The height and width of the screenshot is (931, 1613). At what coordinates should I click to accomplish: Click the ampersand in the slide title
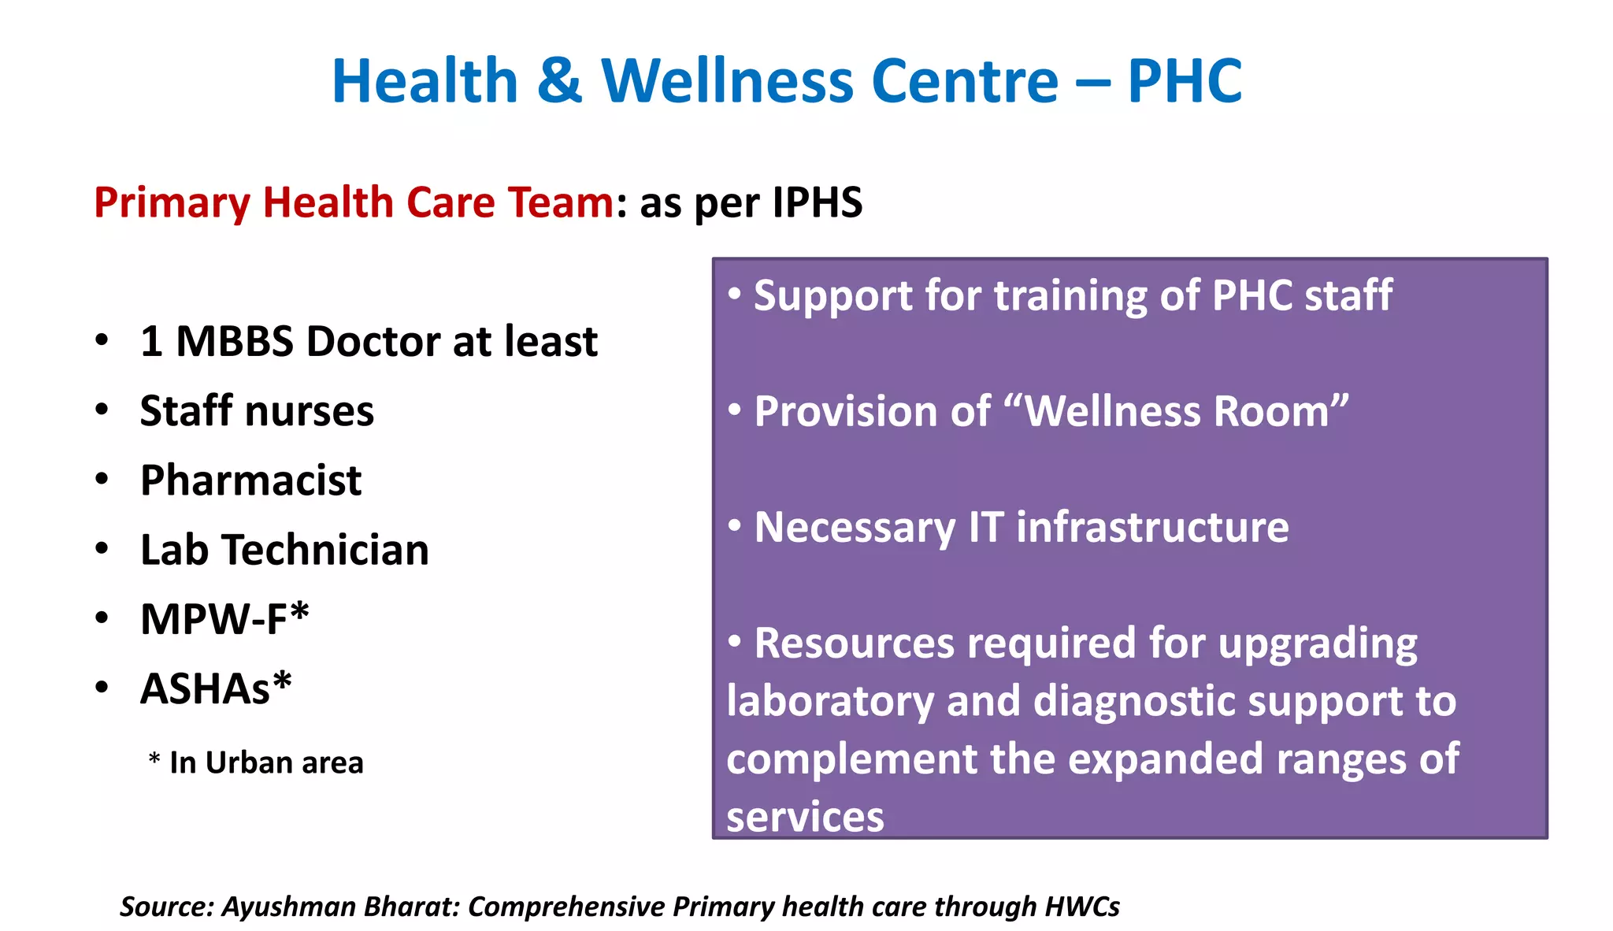click(560, 81)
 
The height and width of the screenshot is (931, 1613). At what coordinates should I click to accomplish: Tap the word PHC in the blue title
click(1185, 81)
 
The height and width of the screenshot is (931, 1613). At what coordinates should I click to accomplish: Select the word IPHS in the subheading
click(818, 202)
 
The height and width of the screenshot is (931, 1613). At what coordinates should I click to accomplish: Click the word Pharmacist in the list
click(250, 480)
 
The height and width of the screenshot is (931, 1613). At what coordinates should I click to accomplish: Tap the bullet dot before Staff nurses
click(102, 410)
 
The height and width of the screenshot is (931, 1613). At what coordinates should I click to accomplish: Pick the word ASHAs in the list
click(205, 689)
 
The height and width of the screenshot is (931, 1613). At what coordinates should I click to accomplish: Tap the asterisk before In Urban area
click(154, 759)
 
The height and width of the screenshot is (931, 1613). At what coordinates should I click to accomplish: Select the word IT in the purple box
click(986, 527)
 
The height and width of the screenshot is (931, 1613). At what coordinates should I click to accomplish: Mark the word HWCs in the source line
click(1082, 907)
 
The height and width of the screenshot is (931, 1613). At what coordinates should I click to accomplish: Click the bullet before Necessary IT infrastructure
click(735, 525)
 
